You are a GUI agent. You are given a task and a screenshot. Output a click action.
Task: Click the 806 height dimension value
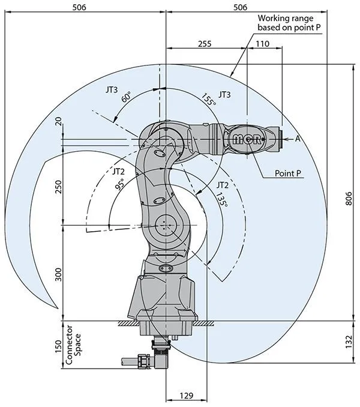[x=349, y=202]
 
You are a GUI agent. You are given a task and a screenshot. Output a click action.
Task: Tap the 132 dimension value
[x=349, y=342]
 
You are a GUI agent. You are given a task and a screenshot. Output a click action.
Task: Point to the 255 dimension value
[x=205, y=44]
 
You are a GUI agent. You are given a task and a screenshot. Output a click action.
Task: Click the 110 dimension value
[x=262, y=44]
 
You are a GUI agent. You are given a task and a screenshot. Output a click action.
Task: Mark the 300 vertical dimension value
[x=58, y=274]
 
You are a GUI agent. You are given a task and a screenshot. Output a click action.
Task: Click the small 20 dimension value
[x=58, y=123]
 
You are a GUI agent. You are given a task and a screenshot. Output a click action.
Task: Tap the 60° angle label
[x=126, y=97]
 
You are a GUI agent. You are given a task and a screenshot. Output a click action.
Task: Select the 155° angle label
[x=208, y=100]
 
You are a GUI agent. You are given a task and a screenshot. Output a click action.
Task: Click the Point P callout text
[x=287, y=173]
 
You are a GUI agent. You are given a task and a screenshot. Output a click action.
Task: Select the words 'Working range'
[x=281, y=18]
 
